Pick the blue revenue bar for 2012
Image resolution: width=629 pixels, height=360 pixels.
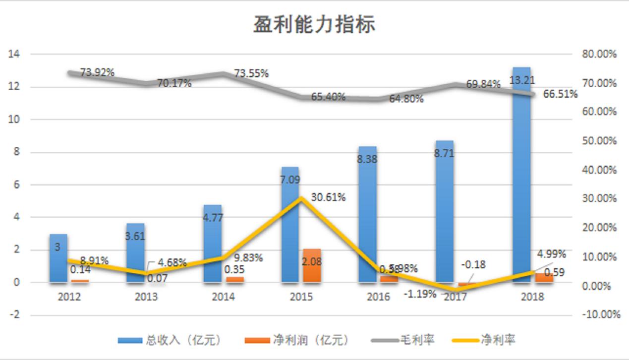[58, 263]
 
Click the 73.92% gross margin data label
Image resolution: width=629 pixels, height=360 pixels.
[97, 72]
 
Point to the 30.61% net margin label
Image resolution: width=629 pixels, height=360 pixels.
[328, 197]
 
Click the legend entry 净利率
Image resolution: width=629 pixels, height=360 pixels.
[498, 340]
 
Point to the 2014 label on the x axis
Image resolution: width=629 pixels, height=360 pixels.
[223, 297]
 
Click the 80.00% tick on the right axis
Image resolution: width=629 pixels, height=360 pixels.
[600, 54]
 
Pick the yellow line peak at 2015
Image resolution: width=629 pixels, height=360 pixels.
[301, 198]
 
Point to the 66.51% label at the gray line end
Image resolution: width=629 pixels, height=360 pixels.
[560, 94]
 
